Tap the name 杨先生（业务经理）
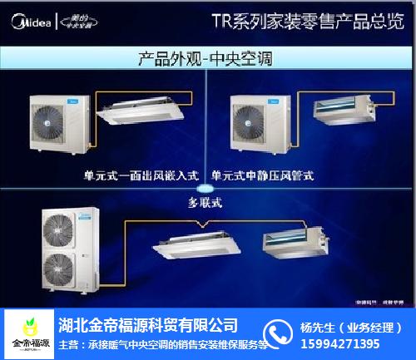(x=353, y=325)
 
